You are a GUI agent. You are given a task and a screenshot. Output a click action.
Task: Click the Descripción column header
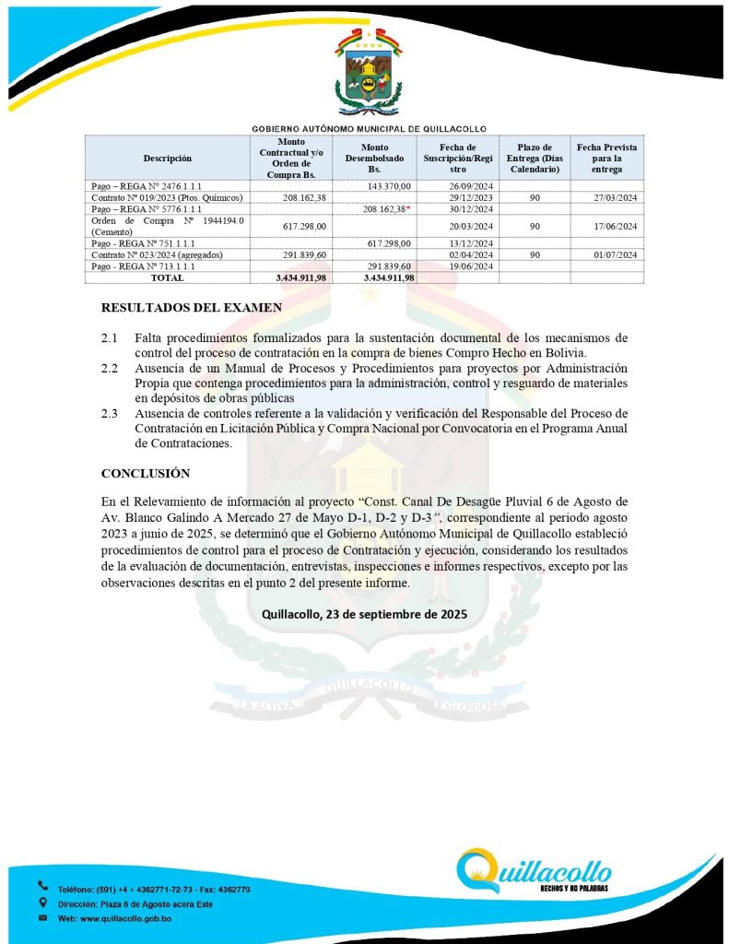pos(167,158)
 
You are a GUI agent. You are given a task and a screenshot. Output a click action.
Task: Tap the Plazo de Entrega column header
pos(535,158)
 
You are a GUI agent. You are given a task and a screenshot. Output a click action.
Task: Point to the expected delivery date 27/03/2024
pos(606,197)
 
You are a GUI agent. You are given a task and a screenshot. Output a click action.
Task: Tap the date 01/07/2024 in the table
pos(606,254)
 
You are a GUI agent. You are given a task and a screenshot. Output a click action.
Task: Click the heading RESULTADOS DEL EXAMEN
pos(191,307)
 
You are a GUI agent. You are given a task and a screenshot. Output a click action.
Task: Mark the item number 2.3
pos(110,413)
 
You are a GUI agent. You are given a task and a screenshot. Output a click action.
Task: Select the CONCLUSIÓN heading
pos(146,473)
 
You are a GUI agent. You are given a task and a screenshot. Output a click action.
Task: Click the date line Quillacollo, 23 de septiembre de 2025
pos(364,614)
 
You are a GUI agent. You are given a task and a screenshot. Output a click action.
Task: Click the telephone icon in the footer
pos(42,887)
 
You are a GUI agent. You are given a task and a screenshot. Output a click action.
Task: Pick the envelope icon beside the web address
pos(42,919)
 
